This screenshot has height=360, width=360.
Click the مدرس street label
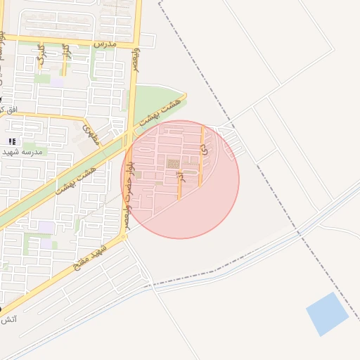click(x=104, y=44)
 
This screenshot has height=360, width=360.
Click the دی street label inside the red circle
click(x=205, y=150)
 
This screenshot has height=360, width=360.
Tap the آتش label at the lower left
click(x=9, y=320)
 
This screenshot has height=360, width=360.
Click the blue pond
click(x=327, y=314)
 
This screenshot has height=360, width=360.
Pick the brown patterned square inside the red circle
click(x=172, y=164)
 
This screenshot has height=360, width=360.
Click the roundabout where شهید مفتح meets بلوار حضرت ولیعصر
click(x=124, y=237)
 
